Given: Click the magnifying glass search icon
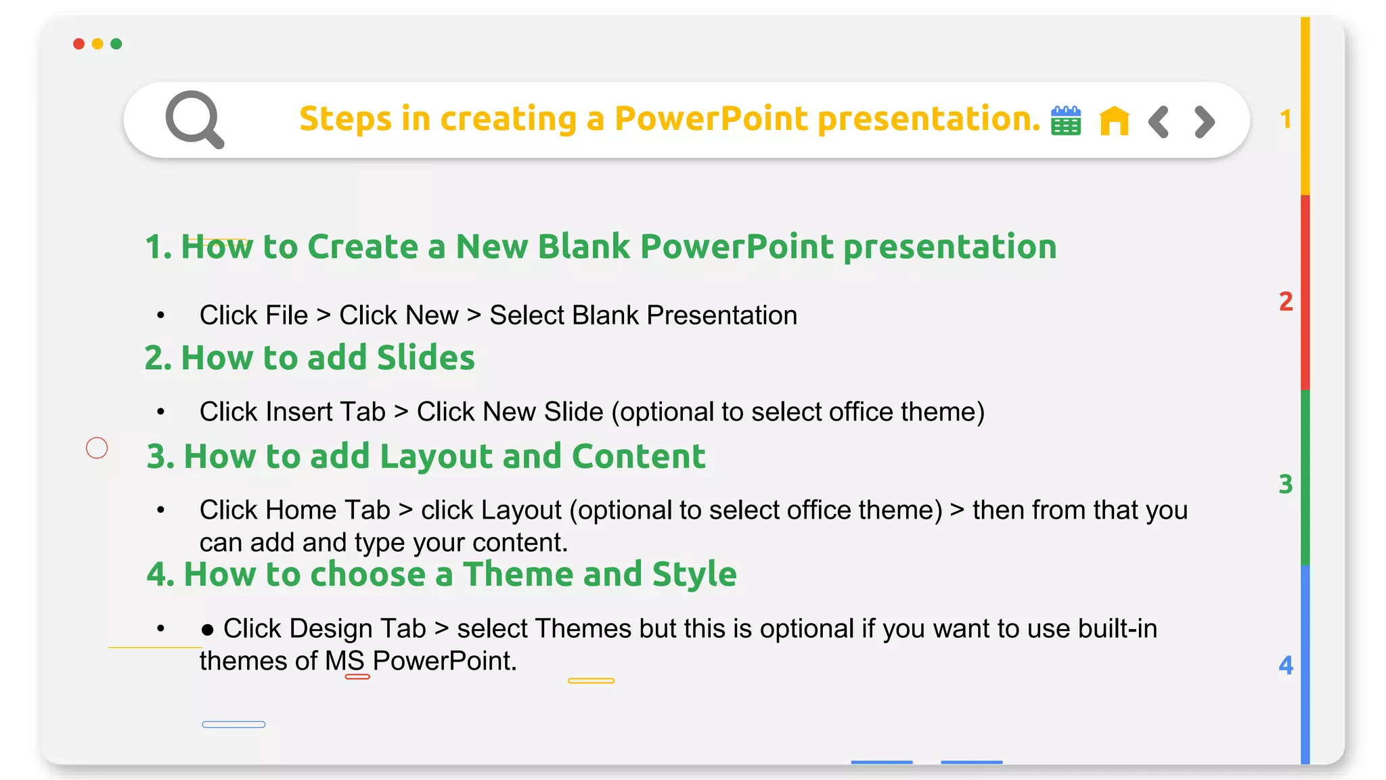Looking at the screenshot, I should point(194,118).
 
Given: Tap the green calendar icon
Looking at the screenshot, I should point(1066,121).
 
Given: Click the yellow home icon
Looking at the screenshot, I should point(1114,121).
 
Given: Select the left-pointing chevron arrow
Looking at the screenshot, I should point(1159,122).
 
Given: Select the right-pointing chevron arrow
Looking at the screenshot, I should point(1205,122).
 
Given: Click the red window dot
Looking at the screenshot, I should point(79,44).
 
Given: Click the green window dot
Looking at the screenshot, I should point(116,44).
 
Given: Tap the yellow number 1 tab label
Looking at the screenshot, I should point(1286,120).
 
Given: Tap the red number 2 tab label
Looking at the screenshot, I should point(1286,301).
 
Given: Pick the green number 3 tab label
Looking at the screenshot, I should point(1286,484).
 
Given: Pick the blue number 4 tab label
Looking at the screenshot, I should point(1286,666).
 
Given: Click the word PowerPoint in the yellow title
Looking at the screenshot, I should point(711,118).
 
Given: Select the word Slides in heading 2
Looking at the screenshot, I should point(426,357).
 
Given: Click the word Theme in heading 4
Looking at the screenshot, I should point(518,574).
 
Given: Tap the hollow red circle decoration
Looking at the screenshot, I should point(97,448).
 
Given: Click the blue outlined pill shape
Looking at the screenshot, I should point(233,724).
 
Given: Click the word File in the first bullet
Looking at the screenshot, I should point(287,316).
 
